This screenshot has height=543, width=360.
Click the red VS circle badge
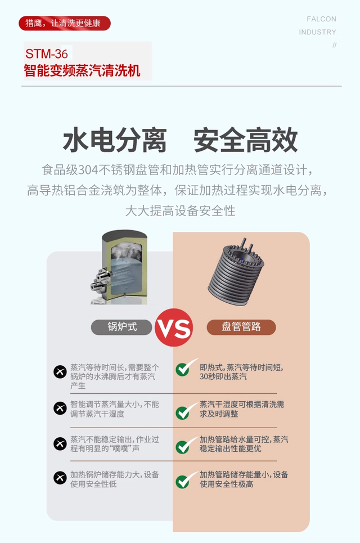click(x=173, y=327)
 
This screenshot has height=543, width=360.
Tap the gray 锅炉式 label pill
click(x=121, y=327)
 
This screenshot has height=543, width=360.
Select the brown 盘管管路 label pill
click(x=241, y=327)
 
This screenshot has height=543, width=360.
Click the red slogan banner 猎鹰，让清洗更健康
click(x=65, y=23)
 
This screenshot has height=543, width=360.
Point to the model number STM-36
click(x=46, y=53)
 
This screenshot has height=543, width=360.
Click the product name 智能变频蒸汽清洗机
click(x=82, y=71)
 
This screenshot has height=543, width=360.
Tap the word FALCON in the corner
click(x=321, y=19)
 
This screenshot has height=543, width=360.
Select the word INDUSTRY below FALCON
click(x=317, y=32)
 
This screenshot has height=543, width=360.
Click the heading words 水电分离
click(x=115, y=140)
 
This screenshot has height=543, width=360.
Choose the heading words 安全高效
click(x=245, y=140)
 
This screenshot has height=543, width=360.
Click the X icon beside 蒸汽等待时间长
click(x=60, y=372)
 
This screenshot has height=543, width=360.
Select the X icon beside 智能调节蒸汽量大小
click(x=60, y=409)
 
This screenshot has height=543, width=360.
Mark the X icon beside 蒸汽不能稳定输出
click(x=60, y=443)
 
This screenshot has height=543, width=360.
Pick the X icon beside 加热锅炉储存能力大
click(x=60, y=478)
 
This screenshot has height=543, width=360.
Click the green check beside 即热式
click(x=184, y=368)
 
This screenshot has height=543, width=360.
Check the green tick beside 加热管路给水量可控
click(x=184, y=445)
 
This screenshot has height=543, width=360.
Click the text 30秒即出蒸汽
click(x=223, y=377)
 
